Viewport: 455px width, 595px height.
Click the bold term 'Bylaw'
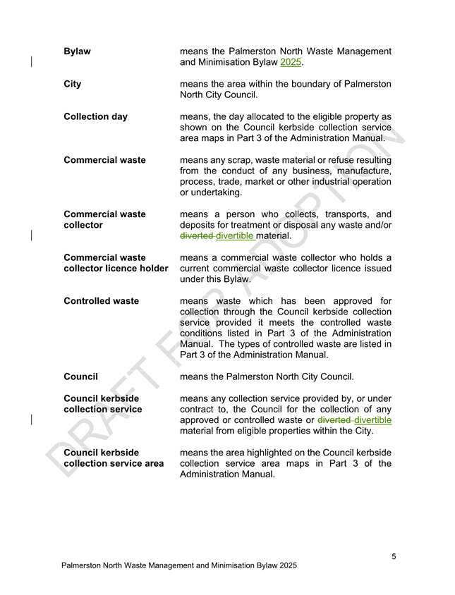pos(77,51)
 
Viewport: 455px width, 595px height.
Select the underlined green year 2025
pos(291,63)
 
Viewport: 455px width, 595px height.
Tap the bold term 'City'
pos(72,84)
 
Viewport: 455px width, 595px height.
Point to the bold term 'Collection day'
pos(95,116)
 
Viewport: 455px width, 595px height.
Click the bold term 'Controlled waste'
pos(101,301)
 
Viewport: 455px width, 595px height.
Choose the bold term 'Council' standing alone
pos(80,376)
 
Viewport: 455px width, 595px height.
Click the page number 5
pos(394,557)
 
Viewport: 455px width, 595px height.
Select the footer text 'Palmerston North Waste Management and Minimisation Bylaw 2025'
pos(179,565)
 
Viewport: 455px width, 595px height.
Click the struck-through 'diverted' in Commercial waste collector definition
pos(197,235)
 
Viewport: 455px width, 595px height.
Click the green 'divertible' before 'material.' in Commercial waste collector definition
pos(235,235)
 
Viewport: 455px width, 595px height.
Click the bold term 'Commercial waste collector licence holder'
pos(115,263)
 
